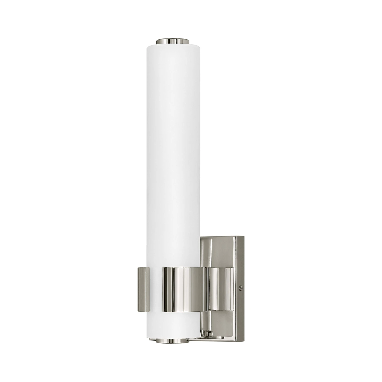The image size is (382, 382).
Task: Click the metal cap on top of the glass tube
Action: coord(173,41)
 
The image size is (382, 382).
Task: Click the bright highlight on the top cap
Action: coord(176,40)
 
